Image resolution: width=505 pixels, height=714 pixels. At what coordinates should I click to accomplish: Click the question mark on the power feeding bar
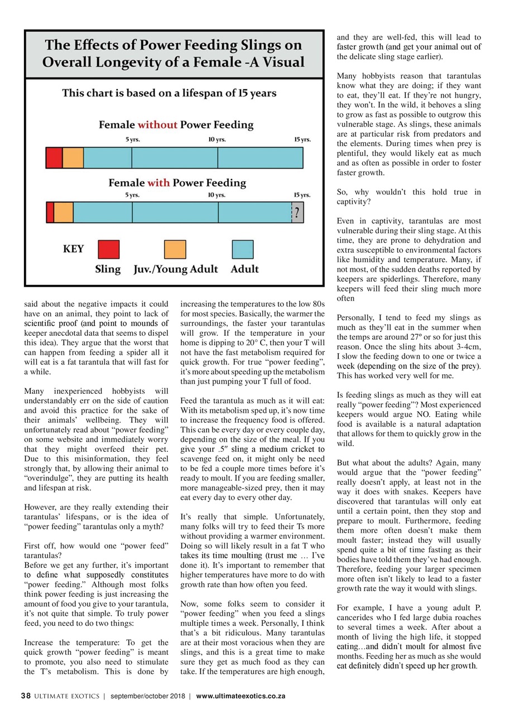tap(298, 213)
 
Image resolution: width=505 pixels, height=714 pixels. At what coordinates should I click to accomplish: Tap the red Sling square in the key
tap(108, 249)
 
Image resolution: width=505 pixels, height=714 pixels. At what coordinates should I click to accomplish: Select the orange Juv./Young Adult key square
tap(175, 249)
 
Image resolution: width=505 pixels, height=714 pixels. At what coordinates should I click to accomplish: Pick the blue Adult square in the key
tap(242, 249)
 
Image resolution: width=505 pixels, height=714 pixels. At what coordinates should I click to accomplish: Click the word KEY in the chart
tap(74, 249)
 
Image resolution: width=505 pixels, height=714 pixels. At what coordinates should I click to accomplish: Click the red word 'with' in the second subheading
tap(158, 182)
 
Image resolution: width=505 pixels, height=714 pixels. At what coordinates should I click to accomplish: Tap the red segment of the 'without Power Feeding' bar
tap(54, 158)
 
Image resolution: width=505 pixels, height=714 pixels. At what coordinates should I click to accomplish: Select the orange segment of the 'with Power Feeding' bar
tap(63, 213)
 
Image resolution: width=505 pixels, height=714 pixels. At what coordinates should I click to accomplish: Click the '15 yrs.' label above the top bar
tap(302, 139)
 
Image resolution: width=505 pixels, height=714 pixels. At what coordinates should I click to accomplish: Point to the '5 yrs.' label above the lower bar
tap(132, 195)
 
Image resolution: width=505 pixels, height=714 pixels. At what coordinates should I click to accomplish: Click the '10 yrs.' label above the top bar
tap(217, 139)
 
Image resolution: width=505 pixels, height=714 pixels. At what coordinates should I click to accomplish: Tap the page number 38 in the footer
tap(25, 696)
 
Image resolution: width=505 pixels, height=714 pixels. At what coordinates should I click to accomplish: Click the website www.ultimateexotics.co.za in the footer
tap(241, 696)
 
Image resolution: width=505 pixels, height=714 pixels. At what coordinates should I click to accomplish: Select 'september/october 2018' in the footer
tap(147, 696)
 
